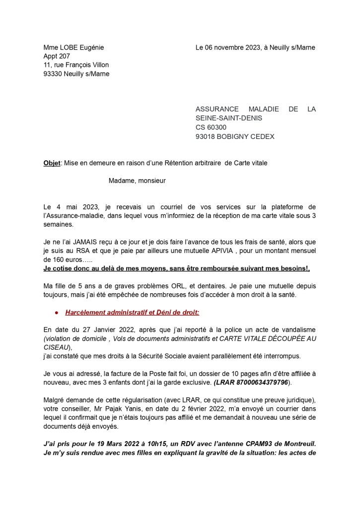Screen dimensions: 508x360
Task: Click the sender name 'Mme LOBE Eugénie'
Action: tap(73, 48)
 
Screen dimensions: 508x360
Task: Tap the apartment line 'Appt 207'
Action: tap(57, 57)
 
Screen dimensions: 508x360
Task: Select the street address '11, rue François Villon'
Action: tap(76, 65)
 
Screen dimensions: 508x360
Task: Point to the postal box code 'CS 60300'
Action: tap(211, 127)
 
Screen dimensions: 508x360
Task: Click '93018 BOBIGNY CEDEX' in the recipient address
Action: tap(235, 136)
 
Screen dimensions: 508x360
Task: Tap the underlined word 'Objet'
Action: tap(52, 163)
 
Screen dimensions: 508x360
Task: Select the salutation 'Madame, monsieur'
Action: tap(137, 181)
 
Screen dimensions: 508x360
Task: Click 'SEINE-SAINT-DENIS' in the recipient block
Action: tap(229, 119)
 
